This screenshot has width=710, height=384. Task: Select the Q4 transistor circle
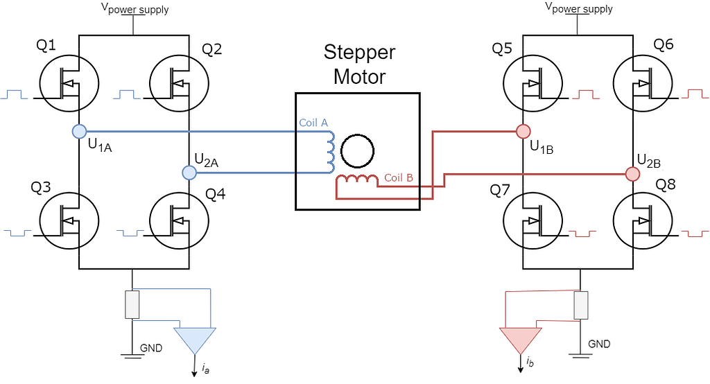click(179, 221)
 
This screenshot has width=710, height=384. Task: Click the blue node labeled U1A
click(79, 131)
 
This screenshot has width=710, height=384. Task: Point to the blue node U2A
click(189, 172)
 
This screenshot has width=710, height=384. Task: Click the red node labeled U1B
click(523, 131)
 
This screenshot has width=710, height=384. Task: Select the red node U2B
click(632, 173)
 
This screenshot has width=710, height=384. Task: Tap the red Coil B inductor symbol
click(356, 182)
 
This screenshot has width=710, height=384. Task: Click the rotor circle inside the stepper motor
click(358, 151)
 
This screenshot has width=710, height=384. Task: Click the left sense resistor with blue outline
click(132, 304)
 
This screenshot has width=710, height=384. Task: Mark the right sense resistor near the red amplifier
click(580, 304)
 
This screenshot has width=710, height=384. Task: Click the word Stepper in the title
click(359, 53)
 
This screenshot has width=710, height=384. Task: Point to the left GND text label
click(151, 348)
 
